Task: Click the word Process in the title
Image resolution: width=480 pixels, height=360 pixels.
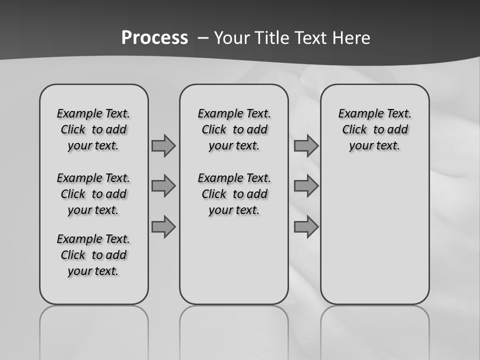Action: (x=154, y=38)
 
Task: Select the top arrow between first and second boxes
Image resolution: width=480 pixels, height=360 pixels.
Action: (x=163, y=145)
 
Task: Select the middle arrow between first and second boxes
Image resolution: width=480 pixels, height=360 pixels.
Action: (x=163, y=186)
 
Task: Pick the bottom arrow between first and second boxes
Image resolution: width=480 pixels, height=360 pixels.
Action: (x=163, y=227)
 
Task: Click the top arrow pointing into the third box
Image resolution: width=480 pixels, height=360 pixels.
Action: (x=306, y=145)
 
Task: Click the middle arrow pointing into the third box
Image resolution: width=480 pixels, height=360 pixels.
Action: (x=306, y=186)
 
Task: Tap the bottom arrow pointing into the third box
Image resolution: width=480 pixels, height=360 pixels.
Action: (x=306, y=227)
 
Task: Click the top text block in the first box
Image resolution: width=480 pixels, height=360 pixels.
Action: (x=93, y=129)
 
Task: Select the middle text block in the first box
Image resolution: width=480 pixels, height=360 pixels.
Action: (x=93, y=194)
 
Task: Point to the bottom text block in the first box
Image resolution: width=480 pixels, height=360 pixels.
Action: (x=93, y=255)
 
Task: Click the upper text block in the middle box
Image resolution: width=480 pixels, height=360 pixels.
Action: (x=234, y=129)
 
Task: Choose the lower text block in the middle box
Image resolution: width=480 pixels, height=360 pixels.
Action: (x=234, y=194)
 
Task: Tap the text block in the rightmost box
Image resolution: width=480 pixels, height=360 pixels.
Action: (x=374, y=129)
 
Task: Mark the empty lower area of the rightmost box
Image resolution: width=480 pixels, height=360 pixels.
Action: (x=374, y=230)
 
